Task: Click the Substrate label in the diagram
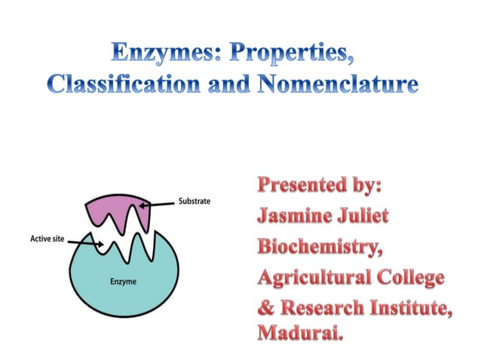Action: (x=194, y=201)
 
